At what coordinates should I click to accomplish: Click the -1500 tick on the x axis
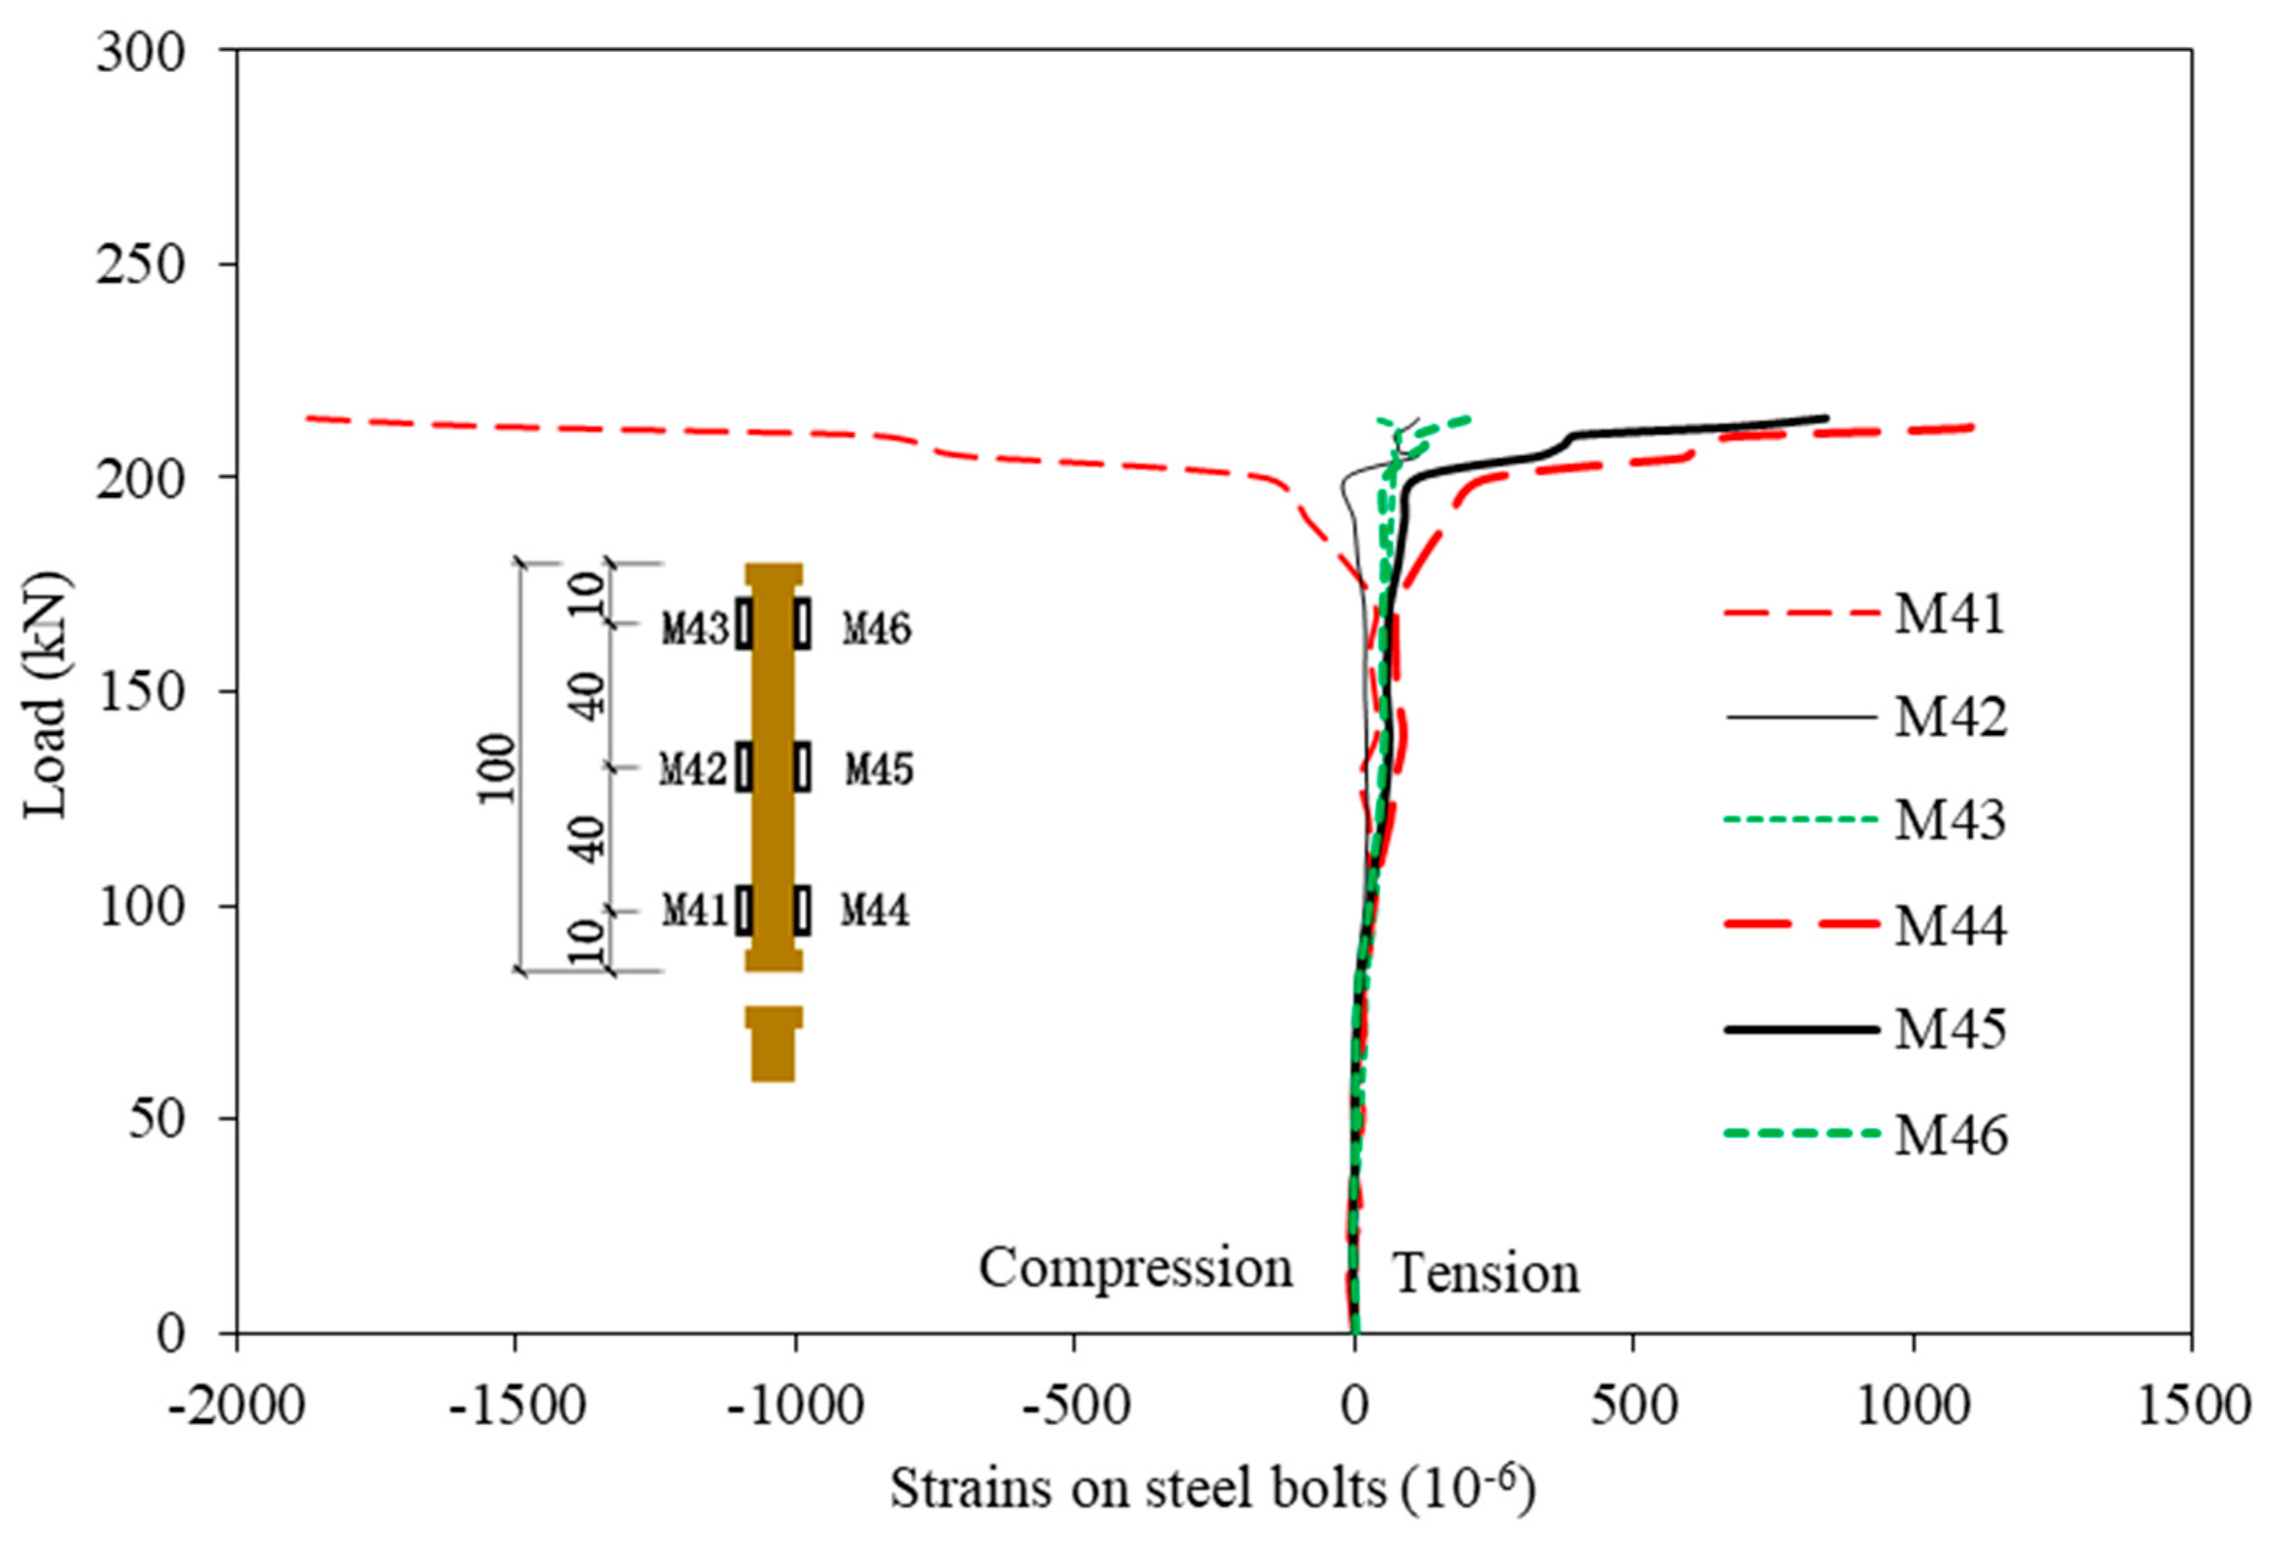[x=516, y=1407]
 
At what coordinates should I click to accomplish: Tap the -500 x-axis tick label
[x=1074, y=1407]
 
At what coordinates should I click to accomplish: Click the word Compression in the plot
[x=1136, y=1269]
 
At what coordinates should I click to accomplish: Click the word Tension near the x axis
[x=1485, y=1274]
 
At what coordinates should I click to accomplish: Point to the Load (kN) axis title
[x=47, y=693]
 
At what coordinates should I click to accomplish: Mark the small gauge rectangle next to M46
[x=802, y=623]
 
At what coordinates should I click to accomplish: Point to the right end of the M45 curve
[x=1825, y=418]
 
